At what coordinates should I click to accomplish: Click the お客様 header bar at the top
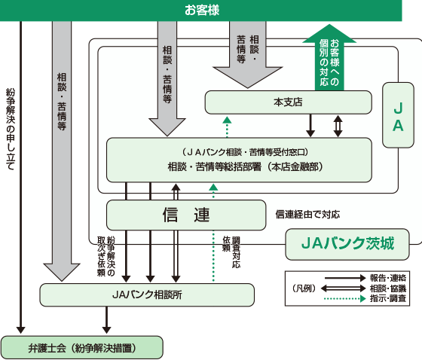[200, 11]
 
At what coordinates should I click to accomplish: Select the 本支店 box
[288, 102]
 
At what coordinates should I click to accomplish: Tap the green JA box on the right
[398, 115]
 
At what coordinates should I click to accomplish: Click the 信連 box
[186, 215]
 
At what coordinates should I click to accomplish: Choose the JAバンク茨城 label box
[347, 244]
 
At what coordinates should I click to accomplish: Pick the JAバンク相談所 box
[147, 295]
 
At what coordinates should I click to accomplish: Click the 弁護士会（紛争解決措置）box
[82, 348]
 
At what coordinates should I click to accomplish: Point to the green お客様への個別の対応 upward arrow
[329, 57]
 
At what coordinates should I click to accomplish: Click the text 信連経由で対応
[307, 215]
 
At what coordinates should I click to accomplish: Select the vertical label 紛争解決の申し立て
[11, 130]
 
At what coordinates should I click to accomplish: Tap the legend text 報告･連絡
[388, 278]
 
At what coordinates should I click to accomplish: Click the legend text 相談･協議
[388, 288]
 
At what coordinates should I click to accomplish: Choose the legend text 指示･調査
[388, 298]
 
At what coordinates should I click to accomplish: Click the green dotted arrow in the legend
[345, 298]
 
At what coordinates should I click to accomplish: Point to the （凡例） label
[304, 288]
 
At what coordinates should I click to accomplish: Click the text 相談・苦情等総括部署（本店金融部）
[245, 166]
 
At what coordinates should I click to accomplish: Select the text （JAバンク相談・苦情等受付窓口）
[245, 152]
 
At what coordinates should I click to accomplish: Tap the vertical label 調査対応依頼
[231, 252]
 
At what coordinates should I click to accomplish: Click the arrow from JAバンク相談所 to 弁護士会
[106, 320]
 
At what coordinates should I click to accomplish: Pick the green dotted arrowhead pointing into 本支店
[227, 120]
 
